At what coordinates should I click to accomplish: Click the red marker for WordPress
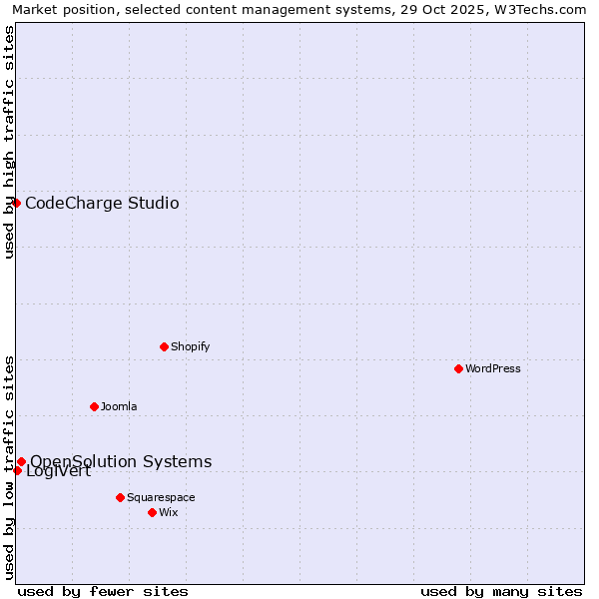[458, 368]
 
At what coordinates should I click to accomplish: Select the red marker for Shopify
[164, 346]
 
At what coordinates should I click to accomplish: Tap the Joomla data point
[94, 406]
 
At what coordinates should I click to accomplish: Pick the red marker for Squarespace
[120, 497]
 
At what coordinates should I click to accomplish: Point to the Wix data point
[152, 512]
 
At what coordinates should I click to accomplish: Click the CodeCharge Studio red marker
[16, 203]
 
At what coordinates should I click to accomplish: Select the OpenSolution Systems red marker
[21, 461]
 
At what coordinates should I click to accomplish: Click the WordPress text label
[493, 368]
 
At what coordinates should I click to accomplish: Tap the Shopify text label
[190, 346]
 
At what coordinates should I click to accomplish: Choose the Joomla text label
[119, 406]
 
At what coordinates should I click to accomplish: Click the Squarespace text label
[161, 497]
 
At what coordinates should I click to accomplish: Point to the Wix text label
[169, 512]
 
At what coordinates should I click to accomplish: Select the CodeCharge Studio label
[102, 204]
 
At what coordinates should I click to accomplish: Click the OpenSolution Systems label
[121, 461]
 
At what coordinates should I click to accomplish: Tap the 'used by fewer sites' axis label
[103, 591]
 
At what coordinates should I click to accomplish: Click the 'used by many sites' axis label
[501, 591]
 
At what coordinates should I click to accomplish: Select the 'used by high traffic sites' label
[9, 142]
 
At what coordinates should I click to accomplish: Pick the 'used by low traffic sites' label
[9, 466]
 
